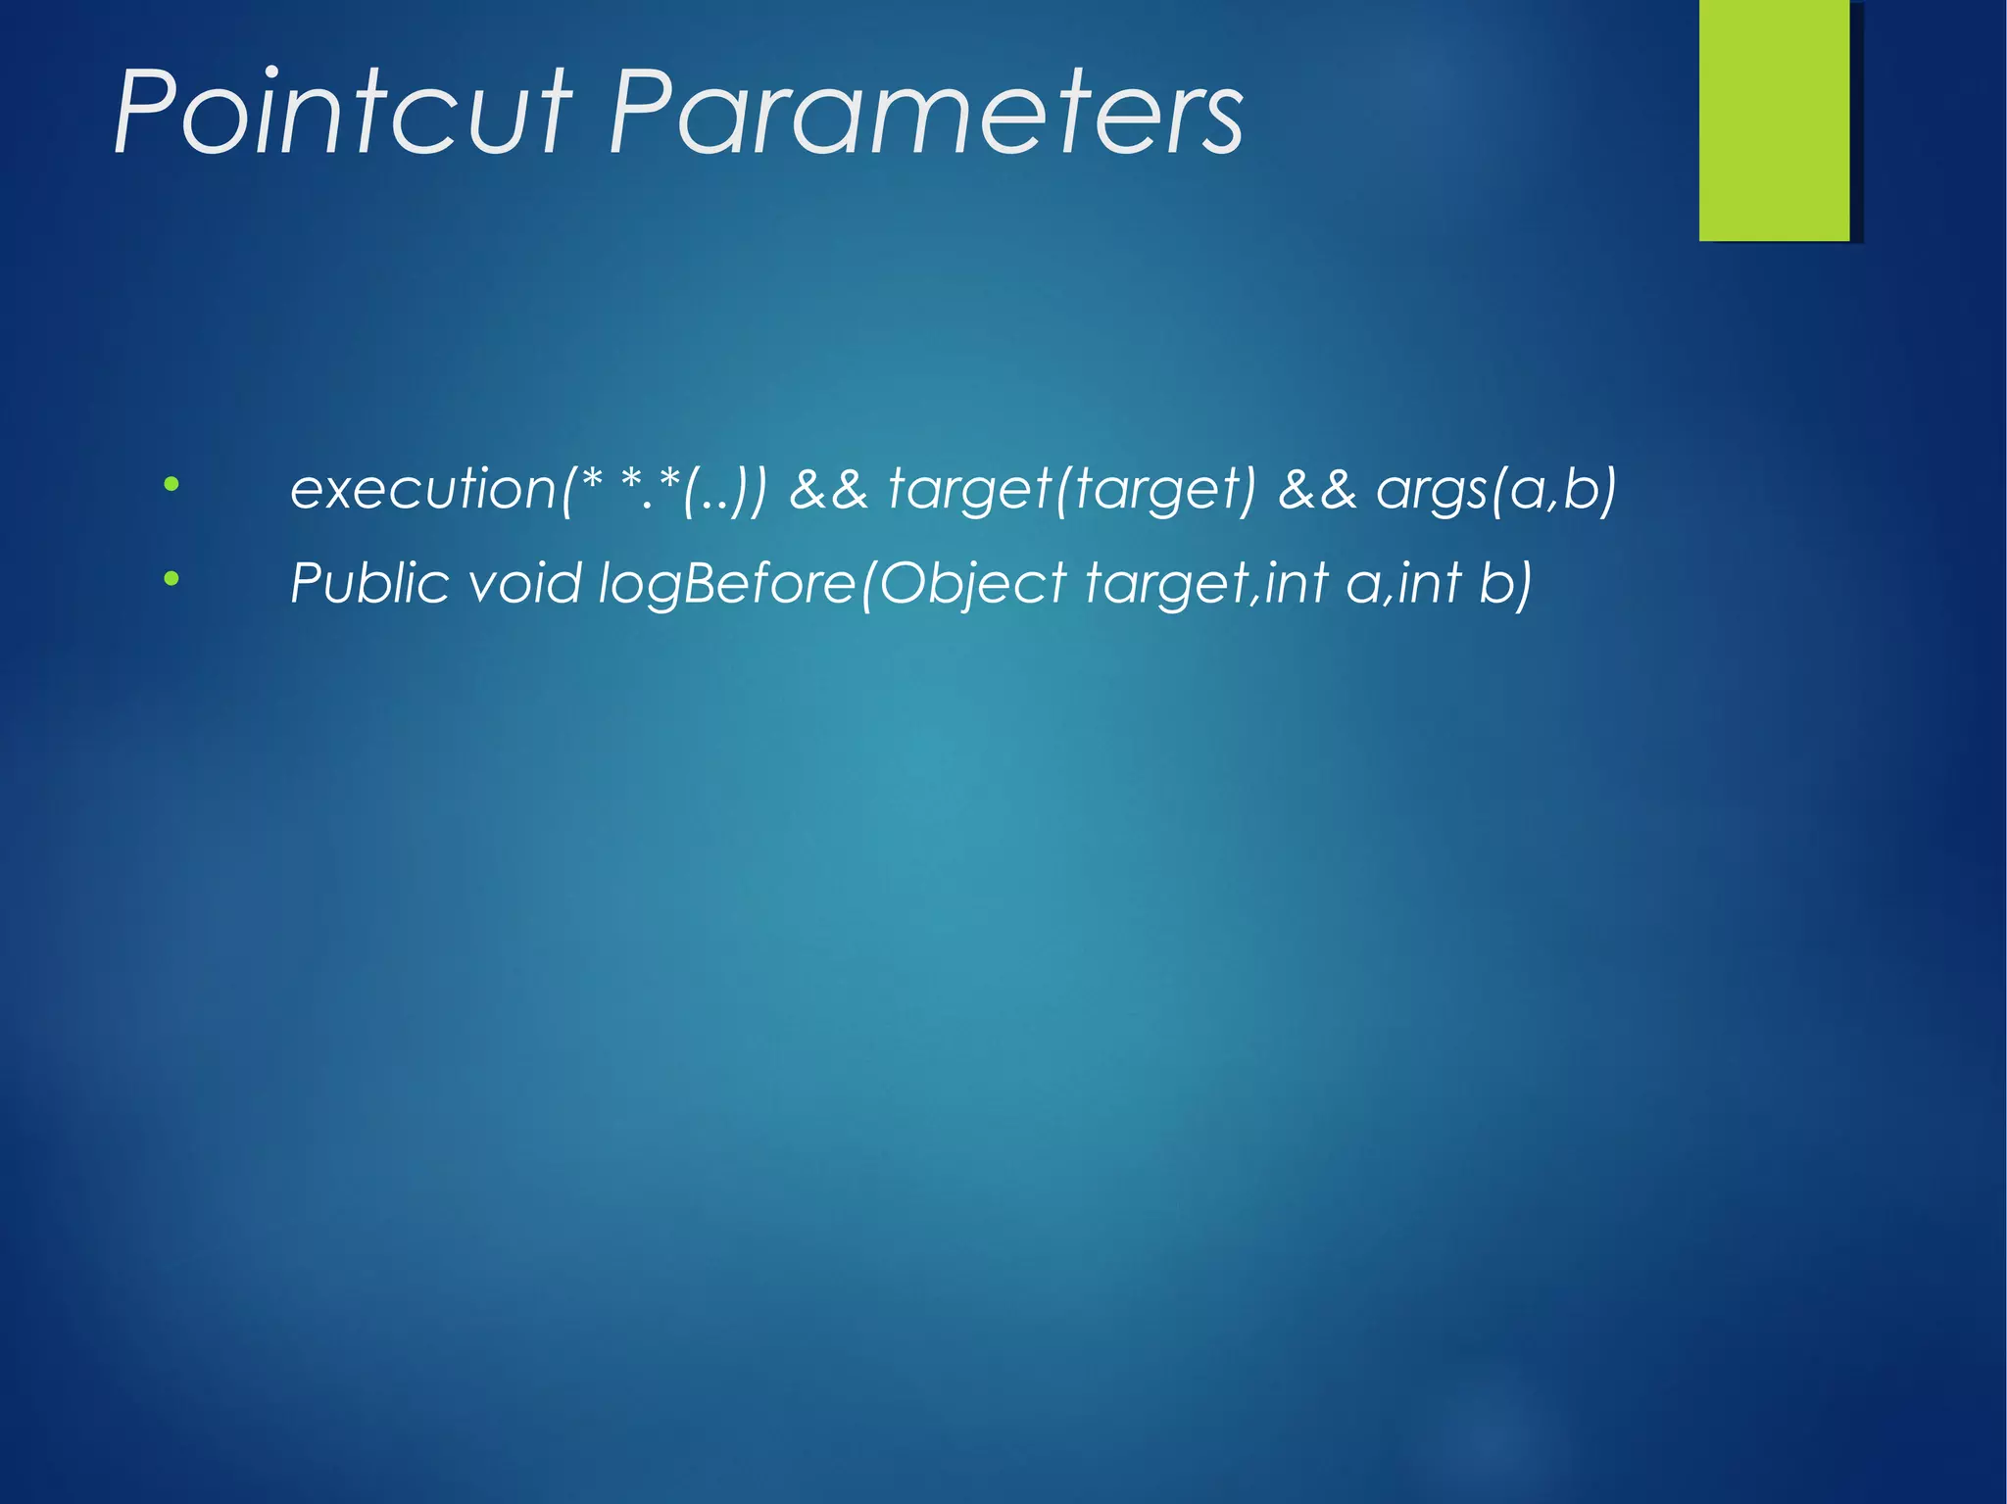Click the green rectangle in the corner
pos(1774,120)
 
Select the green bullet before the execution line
pos(171,484)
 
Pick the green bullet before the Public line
pos(171,579)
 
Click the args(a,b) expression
pos(1495,490)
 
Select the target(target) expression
pos(1071,489)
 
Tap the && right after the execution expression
pos(828,489)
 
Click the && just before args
pos(1317,489)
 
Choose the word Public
pos(369,584)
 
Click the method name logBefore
pos(726,584)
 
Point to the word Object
pos(972,585)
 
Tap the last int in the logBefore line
pos(1430,583)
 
